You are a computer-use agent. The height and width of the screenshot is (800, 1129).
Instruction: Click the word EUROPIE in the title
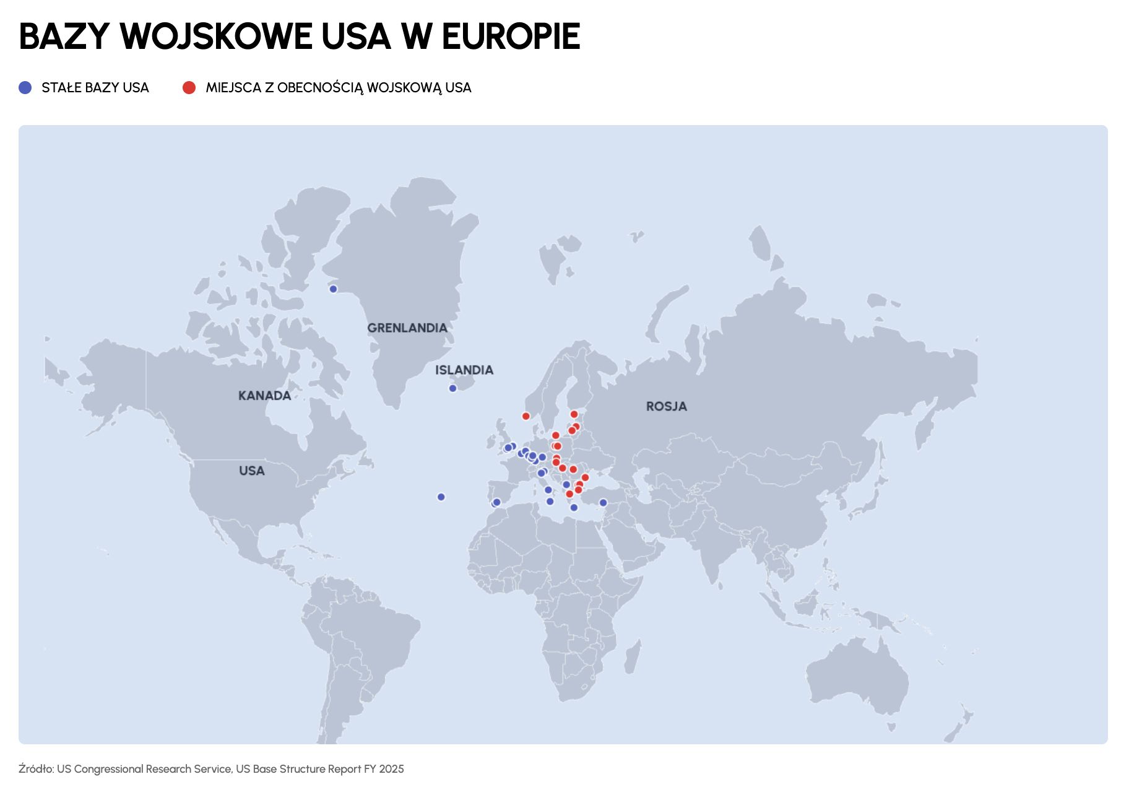tap(511, 36)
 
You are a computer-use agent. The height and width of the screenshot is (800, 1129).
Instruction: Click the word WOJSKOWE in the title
tap(217, 36)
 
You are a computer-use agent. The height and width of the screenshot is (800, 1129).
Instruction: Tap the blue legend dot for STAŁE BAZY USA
tap(25, 88)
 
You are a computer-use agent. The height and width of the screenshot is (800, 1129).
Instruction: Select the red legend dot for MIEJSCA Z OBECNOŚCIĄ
tap(189, 88)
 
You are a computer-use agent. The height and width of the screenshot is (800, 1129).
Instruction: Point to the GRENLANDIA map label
tap(407, 328)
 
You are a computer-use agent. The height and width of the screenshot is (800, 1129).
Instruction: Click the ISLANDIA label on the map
tap(464, 370)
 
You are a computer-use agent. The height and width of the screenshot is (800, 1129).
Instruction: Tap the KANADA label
tap(264, 396)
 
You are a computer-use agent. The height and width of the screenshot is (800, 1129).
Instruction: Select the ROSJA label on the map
tap(666, 407)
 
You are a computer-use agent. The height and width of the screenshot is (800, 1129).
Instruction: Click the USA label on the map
tap(251, 471)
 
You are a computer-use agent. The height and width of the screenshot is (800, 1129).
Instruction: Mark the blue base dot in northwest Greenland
tap(333, 289)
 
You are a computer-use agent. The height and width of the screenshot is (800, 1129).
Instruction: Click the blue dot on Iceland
tap(452, 388)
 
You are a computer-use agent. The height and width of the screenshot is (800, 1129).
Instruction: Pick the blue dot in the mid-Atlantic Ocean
tap(441, 497)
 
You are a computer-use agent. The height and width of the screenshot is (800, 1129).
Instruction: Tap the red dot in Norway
tap(526, 416)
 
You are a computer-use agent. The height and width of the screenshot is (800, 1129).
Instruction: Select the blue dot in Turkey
tap(603, 503)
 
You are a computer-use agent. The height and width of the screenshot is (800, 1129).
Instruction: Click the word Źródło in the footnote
tap(36, 769)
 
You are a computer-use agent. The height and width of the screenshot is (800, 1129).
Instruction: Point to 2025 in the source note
tap(391, 769)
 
